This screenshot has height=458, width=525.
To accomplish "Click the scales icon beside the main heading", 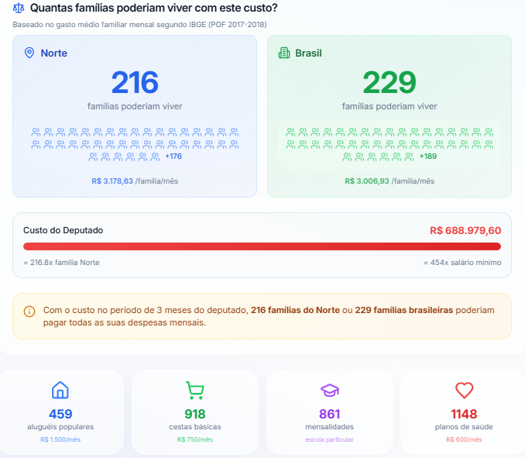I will (x=19, y=9).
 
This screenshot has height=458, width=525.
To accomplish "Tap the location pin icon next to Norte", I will (x=29, y=53).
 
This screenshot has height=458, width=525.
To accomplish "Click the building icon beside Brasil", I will (x=283, y=53).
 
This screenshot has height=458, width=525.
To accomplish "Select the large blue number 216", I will (x=135, y=82).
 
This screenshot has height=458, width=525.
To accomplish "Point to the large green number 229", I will (x=389, y=82).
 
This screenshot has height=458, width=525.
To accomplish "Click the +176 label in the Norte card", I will (x=173, y=157).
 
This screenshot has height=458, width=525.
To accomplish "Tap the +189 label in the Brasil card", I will (x=427, y=157).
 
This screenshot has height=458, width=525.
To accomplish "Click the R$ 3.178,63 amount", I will (x=112, y=181).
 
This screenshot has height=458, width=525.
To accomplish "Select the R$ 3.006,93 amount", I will (x=367, y=181).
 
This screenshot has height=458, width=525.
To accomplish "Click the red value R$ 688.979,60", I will (x=465, y=231).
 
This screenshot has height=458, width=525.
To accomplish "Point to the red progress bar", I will (x=262, y=246).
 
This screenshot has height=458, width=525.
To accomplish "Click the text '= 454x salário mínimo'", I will (x=462, y=262).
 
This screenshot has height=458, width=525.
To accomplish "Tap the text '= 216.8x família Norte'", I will (x=61, y=262).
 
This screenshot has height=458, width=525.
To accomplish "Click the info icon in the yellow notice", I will (x=29, y=312).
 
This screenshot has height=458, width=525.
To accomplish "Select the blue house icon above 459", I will (x=60, y=390).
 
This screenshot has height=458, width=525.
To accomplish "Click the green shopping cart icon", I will (x=194, y=390).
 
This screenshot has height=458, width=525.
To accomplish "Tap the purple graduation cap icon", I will (x=329, y=390).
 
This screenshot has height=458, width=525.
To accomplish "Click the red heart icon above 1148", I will (x=464, y=390).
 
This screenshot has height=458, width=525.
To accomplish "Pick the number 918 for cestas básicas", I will (x=195, y=414).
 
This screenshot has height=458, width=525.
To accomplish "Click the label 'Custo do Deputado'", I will (x=63, y=230).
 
